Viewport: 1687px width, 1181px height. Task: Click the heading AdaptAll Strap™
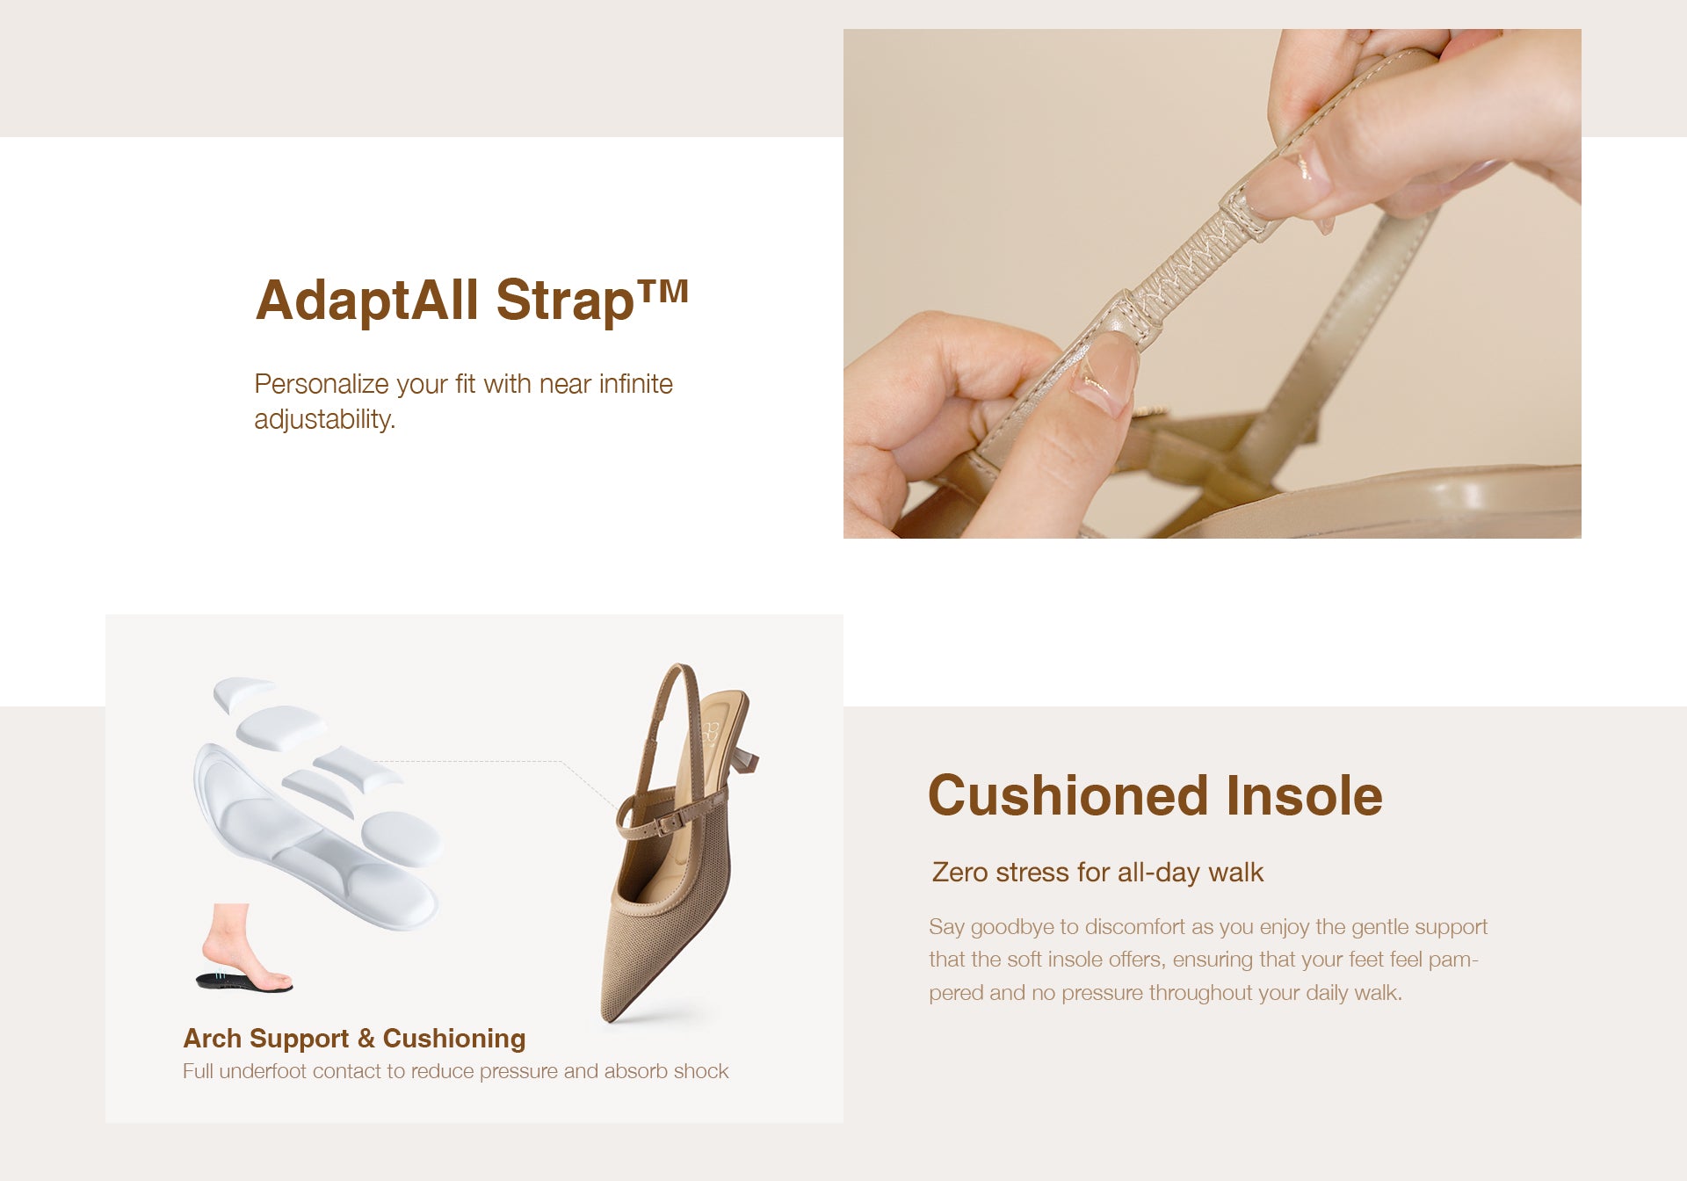click(x=472, y=300)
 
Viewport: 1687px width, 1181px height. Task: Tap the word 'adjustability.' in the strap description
click(x=325, y=419)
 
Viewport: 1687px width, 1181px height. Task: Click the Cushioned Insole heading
click(x=1155, y=795)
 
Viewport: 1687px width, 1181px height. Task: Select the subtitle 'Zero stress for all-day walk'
click(x=1097, y=872)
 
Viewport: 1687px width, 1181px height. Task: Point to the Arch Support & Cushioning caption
click(x=354, y=1038)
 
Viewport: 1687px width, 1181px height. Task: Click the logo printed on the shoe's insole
click(x=709, y=732)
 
